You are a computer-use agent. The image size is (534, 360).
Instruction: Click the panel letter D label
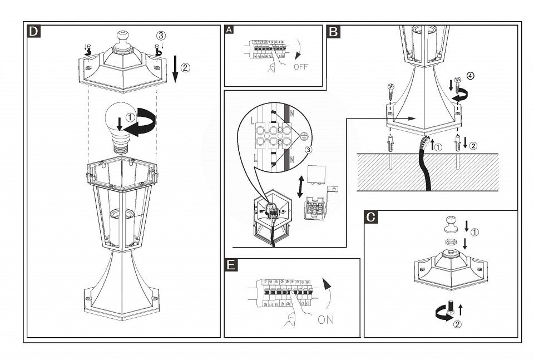coord(34,31)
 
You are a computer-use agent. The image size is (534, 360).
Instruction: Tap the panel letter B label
coord(333,32)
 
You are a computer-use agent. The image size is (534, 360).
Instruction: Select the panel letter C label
coord(371,216)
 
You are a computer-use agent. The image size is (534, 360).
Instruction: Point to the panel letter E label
coord(231,265)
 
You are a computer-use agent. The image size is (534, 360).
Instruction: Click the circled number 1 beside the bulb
coord(130,117)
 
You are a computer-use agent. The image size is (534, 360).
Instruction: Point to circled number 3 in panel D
coord(161,35)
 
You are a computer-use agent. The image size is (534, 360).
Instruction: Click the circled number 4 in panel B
coord(471,76)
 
